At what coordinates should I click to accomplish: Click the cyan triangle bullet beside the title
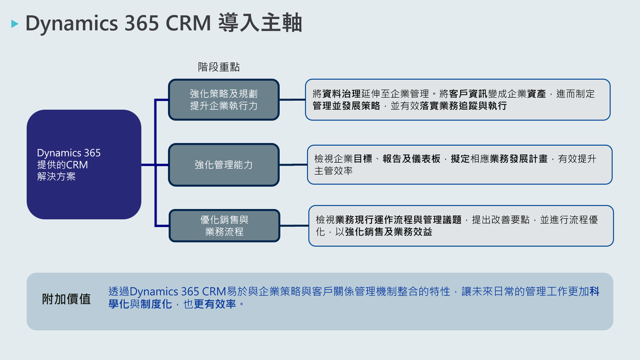[x=15, y=24]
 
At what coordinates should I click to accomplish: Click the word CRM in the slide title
[x=188, y=23]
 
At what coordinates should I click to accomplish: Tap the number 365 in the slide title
[x=141, y=23]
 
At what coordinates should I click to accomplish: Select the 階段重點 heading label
[x=219, y=67]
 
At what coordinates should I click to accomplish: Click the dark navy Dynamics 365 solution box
[x=84, y=164]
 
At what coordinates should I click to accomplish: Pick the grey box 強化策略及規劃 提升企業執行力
[x=224, y=100]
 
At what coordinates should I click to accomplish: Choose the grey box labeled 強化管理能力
[x=224, y=165]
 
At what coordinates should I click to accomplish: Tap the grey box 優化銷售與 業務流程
[x=224, y=226]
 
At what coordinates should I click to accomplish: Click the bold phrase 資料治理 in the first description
[x=341, y=94]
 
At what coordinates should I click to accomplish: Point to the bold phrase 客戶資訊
[x=468, y=94]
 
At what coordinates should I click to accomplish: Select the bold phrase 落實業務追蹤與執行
[x=463, y=106]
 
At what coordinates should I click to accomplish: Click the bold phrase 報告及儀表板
[x=411, y=159]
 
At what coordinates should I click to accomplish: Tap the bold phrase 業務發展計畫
[x=518, y=159]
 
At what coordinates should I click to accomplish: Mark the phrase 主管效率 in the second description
[x=333, y=171]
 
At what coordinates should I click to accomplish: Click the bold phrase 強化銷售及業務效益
[x=389, y=231]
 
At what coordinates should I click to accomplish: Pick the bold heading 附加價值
[x=66, y=299]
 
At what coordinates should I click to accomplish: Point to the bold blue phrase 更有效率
[x=215, y=304]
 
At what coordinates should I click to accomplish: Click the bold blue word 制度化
[x=156, y=304]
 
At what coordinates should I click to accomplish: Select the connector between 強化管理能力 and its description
[x=293, y=165]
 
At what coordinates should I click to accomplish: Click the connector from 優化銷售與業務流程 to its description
[x=294, y=226]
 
